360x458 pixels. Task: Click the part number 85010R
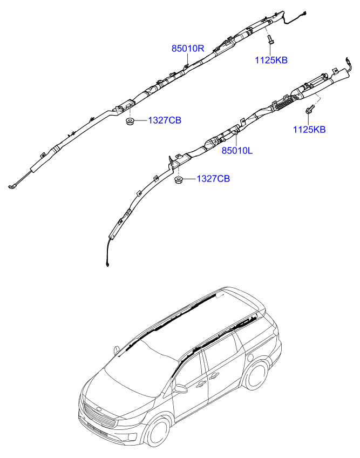188,49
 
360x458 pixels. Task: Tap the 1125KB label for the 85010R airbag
271,60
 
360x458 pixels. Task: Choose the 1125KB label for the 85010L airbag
309,130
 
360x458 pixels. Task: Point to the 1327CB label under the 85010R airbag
165,120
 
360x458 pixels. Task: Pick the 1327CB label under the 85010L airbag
213,179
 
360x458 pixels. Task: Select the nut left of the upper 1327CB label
130,120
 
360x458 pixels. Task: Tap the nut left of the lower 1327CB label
178,179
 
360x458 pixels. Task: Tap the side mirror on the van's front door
180,388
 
